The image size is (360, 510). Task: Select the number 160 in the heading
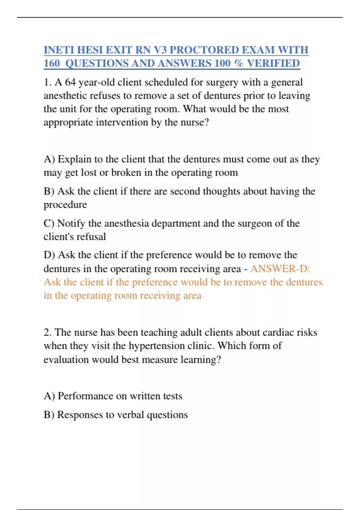[x=52, y=63]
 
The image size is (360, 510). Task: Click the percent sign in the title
[x=238, y=63]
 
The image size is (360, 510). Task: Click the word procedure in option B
[x=65, y=205]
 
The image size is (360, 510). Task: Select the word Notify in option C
[x=71, y=223]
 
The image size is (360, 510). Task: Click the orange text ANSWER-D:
[x=280, y=268]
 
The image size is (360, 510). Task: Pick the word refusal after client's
[x=92, y=237]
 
